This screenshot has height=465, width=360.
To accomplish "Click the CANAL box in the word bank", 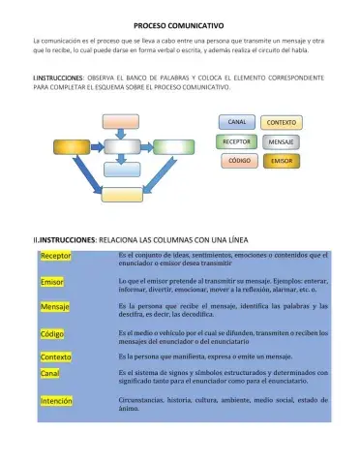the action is coord(236,123).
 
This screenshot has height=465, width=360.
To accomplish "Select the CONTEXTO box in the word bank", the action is coord(281,123).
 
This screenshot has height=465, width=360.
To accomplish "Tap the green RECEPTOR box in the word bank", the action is coord(236,141).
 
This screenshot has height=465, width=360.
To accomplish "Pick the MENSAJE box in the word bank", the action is coord(281,141).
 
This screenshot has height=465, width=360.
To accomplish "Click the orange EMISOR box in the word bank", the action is coord(282,160).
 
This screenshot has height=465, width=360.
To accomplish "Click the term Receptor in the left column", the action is coord(56,256).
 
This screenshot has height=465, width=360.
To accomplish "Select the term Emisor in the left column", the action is coord(52,282).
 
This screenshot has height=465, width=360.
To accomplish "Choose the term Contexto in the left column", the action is coord(56,357).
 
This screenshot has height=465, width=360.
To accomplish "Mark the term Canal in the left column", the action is coord(50,373).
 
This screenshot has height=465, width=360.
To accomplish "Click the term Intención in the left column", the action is coord(57,400).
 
